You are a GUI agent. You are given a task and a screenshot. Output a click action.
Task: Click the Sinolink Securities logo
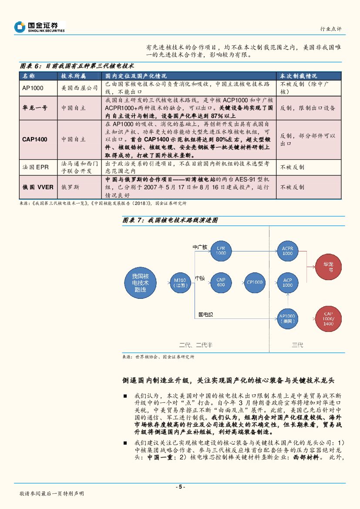click(x=39, y=27)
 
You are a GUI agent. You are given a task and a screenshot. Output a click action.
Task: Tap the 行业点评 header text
click(x=331, y=29)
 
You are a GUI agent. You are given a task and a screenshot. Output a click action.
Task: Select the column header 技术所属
click(x=74, y=76)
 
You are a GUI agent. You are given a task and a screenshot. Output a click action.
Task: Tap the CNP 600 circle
click(x=221, y=282)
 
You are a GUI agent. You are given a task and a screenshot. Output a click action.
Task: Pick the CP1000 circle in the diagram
click(x=254, y=282)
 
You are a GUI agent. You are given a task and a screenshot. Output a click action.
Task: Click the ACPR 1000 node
click(x=287, y=251)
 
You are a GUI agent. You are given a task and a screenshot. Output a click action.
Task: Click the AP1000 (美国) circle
click(x=287, y=319)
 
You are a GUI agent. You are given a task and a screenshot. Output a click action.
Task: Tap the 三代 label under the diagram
click(x=297, y=345)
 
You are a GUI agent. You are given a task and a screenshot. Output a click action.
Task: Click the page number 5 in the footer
click(x=180, y=487)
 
